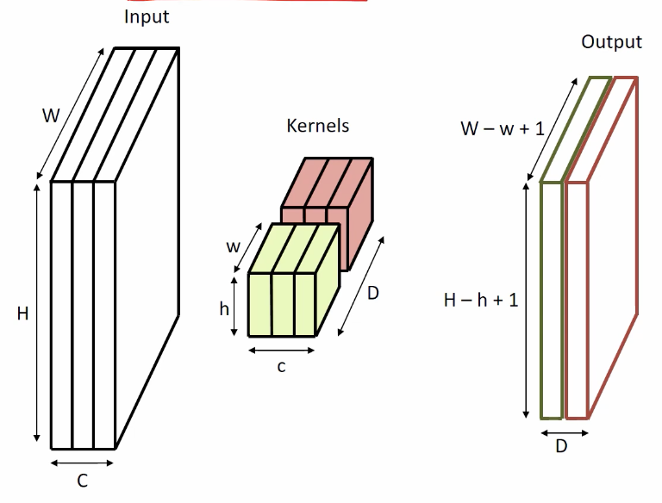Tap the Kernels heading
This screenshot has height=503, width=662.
[318, 126]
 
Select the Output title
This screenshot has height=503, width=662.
[611, 42]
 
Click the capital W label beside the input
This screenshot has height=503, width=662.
[51, 116]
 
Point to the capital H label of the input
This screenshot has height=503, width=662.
[22, 314]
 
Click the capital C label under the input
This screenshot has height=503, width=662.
[82, 481]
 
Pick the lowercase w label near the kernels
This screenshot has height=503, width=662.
[234, 245]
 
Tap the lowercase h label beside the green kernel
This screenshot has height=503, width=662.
[224, 307]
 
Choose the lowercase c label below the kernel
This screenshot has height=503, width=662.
[281, 367]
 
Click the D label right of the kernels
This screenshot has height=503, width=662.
[372, 294]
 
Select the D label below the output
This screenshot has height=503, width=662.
[561, 446]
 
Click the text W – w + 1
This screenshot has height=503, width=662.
[502, 129]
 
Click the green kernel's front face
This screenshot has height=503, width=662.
[281, 306]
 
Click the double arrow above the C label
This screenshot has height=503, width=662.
[82, 463]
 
